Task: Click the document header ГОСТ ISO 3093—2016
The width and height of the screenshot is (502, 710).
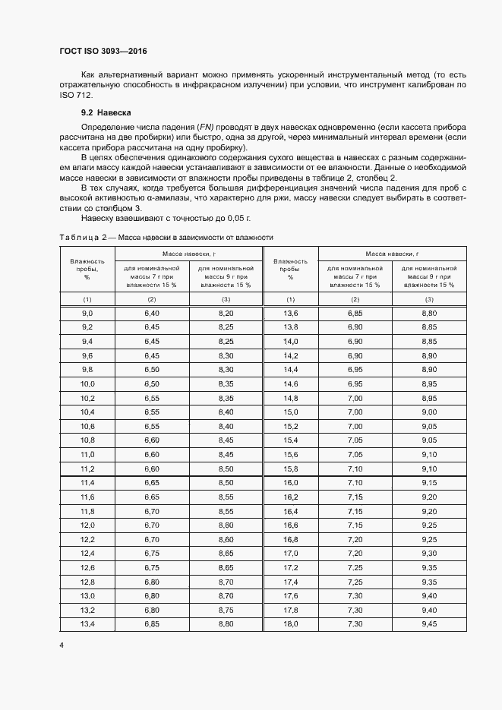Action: coord(103,52)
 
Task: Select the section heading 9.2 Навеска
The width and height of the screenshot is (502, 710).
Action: coord(106,112)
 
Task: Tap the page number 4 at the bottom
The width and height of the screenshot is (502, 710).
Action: coord(62,645)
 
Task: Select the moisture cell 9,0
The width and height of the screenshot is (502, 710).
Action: coord(87,313)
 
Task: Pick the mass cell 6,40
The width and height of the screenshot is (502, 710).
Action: coord(151,313)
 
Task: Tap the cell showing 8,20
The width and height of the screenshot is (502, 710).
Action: coord(226,313)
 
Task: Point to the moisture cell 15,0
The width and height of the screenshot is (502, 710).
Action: coord(290,412)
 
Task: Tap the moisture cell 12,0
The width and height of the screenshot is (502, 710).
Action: coord(87,525)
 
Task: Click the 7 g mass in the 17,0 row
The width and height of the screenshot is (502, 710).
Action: coord(355,553)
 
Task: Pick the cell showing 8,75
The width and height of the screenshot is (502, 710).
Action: coord(226,609)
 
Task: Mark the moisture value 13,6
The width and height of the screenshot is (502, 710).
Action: coord(290,313)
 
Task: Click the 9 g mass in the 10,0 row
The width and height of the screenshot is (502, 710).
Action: coord(226,383)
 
